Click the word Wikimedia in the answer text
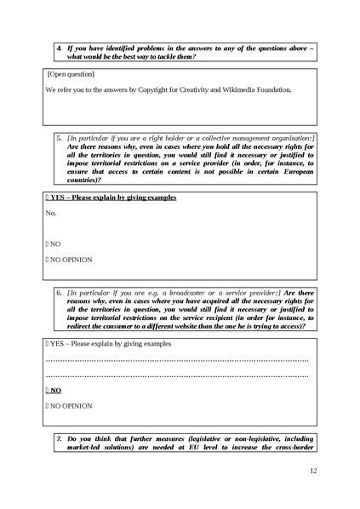pos(238,89)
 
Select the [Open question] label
pos(71,74)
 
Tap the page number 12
pos(312,471)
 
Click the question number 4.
pos(59,48)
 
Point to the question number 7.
pos(59,439)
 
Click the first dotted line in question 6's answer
pos(176,361)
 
